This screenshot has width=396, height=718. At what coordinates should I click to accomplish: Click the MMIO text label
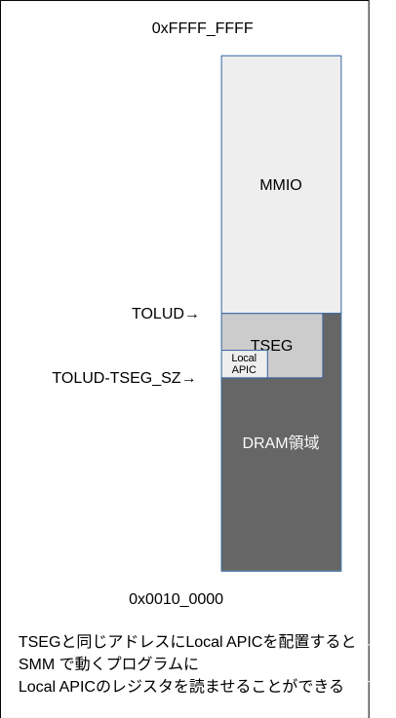[x=281, y=185]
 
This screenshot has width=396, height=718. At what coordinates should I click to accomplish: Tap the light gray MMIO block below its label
[x=281, y=253]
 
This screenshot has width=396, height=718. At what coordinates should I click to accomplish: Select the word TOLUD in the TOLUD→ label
[x=157, y=314]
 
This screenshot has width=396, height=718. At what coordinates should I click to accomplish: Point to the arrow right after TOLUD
[x=192, y=315]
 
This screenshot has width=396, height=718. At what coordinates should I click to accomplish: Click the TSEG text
[x=273, y=345]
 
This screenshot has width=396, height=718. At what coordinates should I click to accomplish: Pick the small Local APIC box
[x=245, y=364]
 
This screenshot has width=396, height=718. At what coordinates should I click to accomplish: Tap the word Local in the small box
[x=244, y=359]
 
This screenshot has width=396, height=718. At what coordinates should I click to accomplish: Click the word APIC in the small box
[x=244, y=370]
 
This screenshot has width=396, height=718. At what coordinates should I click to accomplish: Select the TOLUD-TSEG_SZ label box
[x=125, y=378]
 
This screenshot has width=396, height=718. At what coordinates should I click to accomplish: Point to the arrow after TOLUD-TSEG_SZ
[x=189, y=379]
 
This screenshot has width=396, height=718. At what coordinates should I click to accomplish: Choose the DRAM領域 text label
[x=281, y=443]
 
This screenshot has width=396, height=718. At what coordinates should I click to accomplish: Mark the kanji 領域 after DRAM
[x=301, y=443]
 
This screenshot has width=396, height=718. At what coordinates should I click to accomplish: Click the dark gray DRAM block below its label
[x=281, y=516]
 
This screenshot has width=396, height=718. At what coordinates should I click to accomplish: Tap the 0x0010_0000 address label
[x=177, y=599]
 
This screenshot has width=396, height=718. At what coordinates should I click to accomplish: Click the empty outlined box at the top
[x=203, y=28]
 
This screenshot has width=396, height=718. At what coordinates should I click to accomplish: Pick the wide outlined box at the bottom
[x=202, y=663]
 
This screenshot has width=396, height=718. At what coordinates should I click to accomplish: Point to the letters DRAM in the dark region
[x=261, y=443]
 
